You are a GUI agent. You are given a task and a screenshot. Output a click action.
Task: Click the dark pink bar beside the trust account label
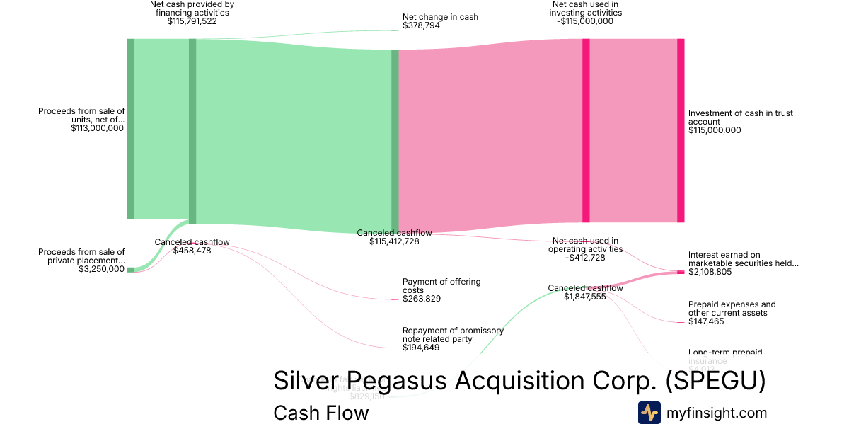point(681,130)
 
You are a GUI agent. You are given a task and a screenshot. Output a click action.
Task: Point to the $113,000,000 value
point(98,128)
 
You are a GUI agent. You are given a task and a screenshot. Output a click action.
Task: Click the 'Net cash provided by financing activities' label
point(192,8)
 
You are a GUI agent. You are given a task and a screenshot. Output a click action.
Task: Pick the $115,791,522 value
point(192,21)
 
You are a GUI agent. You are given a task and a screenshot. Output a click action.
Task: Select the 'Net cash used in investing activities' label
point(587,8)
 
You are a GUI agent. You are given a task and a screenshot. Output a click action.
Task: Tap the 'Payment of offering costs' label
point(441,286)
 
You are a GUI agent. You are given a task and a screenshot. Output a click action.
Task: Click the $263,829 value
point(422,299)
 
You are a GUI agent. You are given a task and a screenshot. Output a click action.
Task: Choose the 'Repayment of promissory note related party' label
point(453,335)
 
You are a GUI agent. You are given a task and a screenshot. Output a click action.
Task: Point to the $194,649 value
point(422,348)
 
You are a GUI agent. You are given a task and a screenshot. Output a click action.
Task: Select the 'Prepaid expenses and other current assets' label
point(732,309)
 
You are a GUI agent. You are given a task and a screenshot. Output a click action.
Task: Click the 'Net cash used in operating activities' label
point(585,245)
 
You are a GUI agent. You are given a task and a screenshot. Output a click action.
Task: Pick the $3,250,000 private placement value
point(102,269)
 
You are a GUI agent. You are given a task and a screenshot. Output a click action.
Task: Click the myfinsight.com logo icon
point(649,413)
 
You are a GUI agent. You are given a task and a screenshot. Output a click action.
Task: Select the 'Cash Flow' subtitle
point(320,413)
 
